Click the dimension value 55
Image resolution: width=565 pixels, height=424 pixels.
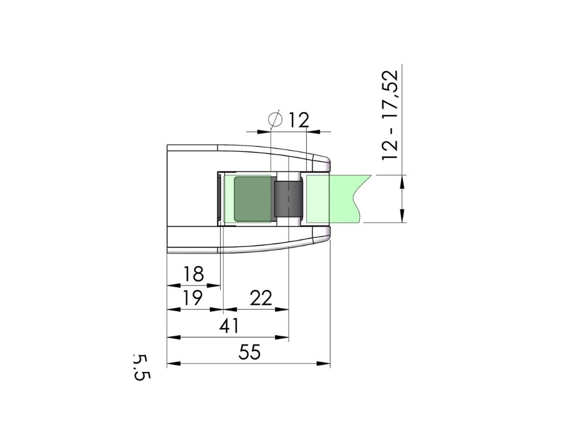[249, 352]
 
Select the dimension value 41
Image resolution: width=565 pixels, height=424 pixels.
[229, 326]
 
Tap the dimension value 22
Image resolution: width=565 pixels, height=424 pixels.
[261, 298]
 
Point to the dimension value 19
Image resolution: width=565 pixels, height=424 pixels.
[193, 298]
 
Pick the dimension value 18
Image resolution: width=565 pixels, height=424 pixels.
[194, 274]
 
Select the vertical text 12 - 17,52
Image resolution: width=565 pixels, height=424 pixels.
[391, 115]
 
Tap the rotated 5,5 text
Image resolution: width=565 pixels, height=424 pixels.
[141, 367]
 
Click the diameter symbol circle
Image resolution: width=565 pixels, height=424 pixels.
[276, 119]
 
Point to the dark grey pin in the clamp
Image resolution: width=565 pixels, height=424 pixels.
[288, 199]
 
